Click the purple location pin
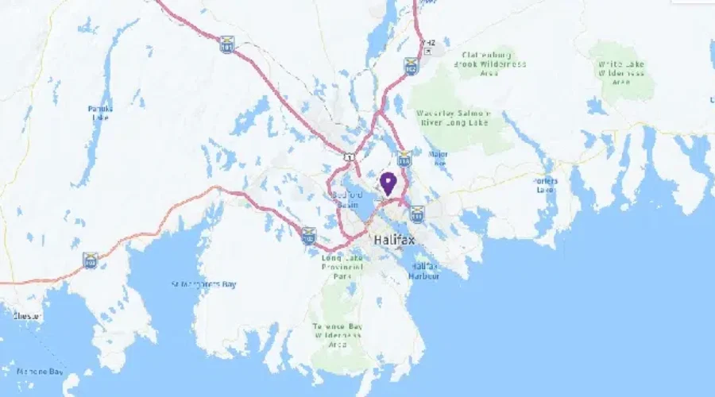click(x=388, y=183)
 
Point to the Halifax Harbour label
click(x=424, y=271)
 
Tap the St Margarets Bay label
click(x=205, y=283)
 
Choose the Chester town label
click(x=27, y=316)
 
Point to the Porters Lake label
click(x=546, y=185)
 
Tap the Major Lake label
click(x=438, y=158)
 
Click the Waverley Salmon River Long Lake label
click(x=454, y=118)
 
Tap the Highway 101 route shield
click(x=228, y=48)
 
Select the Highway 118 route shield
click(x=404, y=158)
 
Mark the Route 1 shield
click(x=349, y=156)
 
